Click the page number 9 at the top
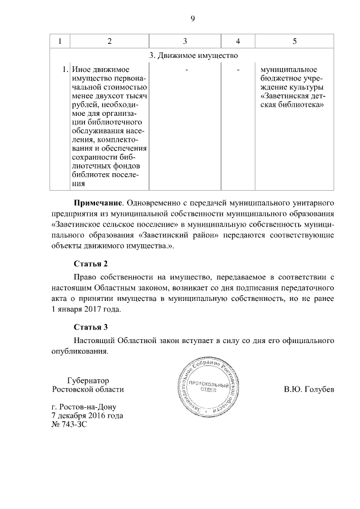192,19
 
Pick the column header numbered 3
185,42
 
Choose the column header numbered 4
238,42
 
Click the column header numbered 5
295,42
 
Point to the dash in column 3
185,70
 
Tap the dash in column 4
238,70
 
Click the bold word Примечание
98,202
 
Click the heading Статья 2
91,263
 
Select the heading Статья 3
91,327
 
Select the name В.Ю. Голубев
309,389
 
